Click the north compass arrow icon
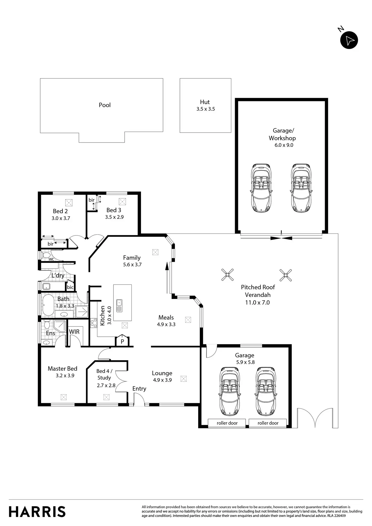pyautogui.click(x=349, y=40)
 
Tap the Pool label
pyautogui.click(x=105, y=105)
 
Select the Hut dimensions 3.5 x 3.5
pyautogui.click(x=206, y=109)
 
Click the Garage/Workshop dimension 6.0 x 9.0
pyautogui.click(x=284, y=145)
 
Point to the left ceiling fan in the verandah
pyautogui.click(x=227, y=275)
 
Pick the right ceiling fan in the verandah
pyautogui.click(x=286, y=275)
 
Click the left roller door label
pyautogui.click(x=227, y=423)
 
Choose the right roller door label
pyautogui.click(x=268, y=423)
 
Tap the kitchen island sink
pyautogui.click(x=119, y=306)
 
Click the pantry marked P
pyautogui.click(x=122, y=341)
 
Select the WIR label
pyautogui.click(x=74, y=332)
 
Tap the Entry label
pyautogui.click(x=139, y=389)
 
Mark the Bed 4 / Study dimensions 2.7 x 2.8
pyautogui.click(x=106, y=386)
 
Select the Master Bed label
pyautogui.click(x=62, y=369)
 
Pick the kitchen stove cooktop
pyautogui.click(x=94, y=323)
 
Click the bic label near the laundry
pyautogui.click(x=70, y=287)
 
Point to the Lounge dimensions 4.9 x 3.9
pyautogui.click(x=162, y=380)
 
